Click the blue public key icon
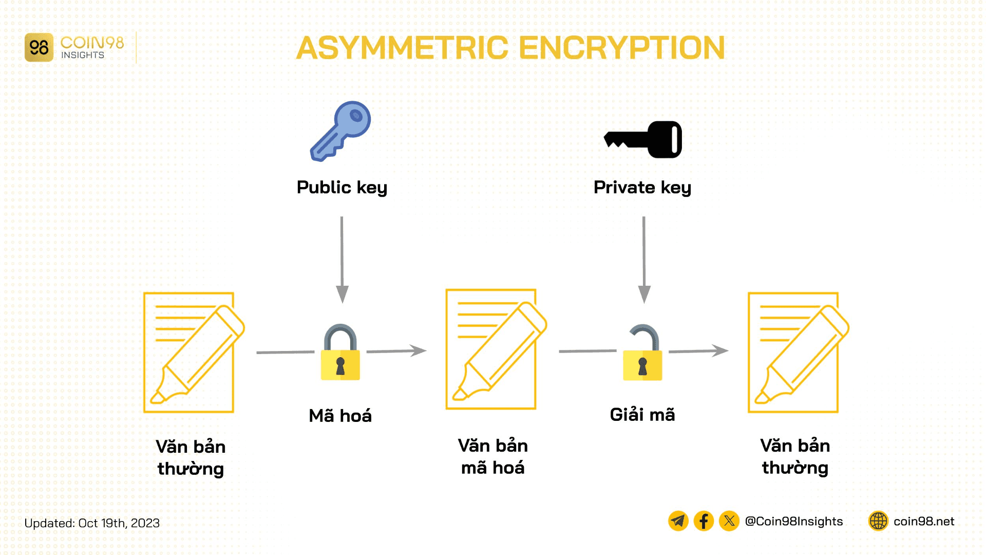coord(340,131)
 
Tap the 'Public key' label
coord(342,187)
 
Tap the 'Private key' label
coord(642,187)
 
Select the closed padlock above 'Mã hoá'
coord(340,354)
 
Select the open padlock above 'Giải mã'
coord(642,354)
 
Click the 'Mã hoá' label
coord(340,415)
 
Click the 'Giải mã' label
coord(642,414)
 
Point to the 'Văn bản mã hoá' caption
coord(492,456)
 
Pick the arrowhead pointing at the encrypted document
coord(418,350)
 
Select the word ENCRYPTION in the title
coord(621,48)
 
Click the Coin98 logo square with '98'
coord(39,48)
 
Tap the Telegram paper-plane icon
coord(678,521)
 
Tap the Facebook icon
coord(704,521)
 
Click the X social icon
coord(729,521)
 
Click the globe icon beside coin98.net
coord(878,521)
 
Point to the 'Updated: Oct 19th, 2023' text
coord(92,523)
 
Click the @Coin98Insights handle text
coord(793,521)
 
